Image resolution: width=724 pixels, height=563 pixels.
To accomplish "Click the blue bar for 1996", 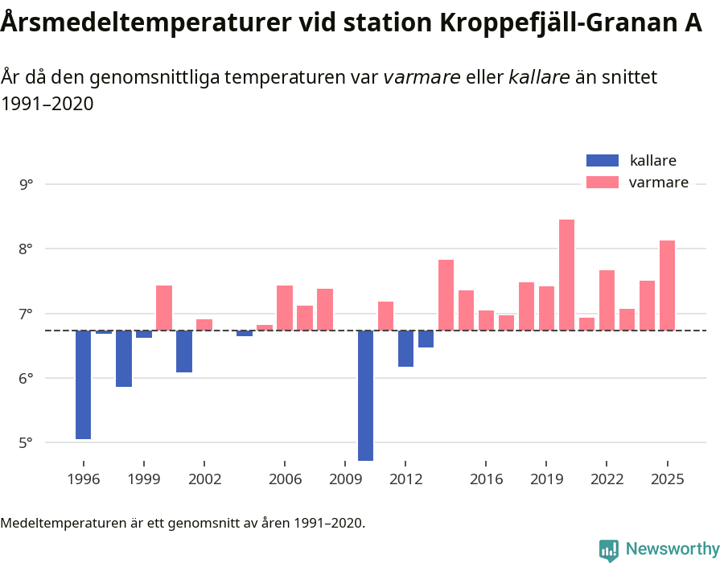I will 84,384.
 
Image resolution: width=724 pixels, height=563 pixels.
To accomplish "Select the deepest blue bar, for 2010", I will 365,395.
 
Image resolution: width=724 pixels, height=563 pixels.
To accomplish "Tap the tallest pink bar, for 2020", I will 566,274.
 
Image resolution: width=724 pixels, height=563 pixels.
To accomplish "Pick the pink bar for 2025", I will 667,285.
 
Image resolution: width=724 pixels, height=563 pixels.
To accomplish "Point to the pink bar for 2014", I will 446,294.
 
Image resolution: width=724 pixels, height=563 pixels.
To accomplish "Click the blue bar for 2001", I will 184,351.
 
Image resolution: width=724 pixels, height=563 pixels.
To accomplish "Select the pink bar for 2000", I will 164,307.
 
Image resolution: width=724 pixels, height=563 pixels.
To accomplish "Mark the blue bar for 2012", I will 405,348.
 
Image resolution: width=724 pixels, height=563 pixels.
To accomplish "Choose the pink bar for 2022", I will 607,300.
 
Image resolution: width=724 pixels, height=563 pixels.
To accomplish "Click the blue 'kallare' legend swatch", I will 603,161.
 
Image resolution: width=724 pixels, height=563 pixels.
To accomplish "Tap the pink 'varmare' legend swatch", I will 603,183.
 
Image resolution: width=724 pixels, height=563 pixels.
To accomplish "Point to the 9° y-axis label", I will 27,184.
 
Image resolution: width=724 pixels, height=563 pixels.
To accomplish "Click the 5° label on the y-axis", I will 27,442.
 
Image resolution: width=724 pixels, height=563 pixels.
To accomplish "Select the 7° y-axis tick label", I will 27,314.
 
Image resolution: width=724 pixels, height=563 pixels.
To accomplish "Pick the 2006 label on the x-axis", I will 285,479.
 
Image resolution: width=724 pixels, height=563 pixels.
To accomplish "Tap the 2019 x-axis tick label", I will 546,479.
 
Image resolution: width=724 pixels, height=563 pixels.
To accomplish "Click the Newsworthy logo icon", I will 609,549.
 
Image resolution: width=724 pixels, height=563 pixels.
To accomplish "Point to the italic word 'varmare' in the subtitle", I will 422,78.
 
